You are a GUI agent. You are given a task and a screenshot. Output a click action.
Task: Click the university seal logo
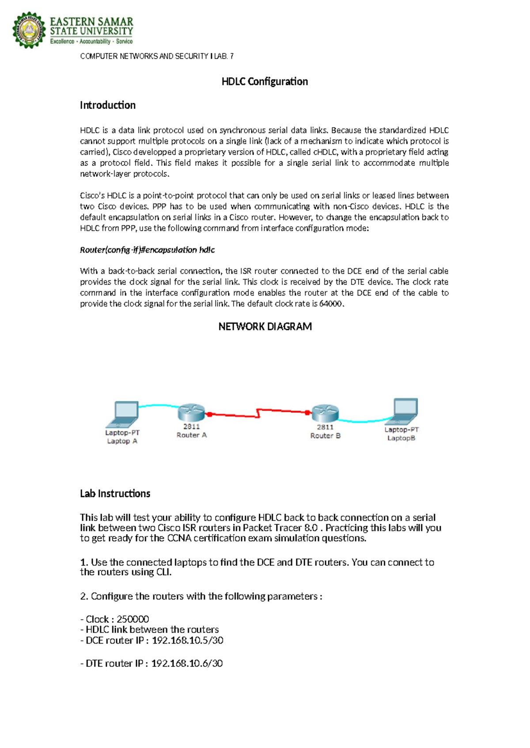(29, 30)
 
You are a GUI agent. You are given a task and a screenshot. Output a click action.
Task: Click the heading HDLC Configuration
(265, 82)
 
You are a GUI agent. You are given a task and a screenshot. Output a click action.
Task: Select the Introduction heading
(108, 105)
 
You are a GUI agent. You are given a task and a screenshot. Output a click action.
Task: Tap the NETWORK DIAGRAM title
(265, 327)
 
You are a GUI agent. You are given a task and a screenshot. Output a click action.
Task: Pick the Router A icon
(191, 413)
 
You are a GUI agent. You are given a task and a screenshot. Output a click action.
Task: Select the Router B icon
(325, 413)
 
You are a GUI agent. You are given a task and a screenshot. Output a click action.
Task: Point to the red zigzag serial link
(258, 414)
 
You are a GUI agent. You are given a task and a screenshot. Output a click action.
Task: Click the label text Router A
(192, 435)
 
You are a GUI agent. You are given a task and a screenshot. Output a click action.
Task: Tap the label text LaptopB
(401, 438)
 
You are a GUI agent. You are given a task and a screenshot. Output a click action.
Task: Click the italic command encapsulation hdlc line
(147, 250)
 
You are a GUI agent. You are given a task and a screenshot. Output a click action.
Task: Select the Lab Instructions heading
(115, 494)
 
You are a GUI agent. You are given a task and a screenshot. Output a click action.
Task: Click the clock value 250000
(132, 619)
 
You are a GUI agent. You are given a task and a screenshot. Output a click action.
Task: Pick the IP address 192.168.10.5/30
(187, 640)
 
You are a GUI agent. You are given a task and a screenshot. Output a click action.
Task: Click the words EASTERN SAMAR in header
(91, 22)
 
